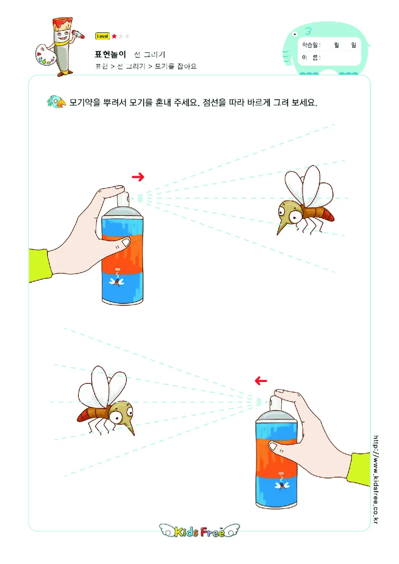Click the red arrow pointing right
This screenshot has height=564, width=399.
click(138, 177)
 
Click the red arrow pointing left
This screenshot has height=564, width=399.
click(261, 380)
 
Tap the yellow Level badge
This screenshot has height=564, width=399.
click(102, 36)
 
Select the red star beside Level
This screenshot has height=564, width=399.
click(114, 36)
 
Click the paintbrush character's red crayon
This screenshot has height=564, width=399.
click(79, 34)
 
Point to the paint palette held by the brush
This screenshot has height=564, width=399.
click(45, 55)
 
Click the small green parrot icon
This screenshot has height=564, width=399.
click(56, 102)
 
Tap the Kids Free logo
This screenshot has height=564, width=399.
click(199, 531)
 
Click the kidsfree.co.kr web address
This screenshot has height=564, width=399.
click(376, 479)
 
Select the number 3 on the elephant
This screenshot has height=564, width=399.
click(308, 31)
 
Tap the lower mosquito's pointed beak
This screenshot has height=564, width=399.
click(130, 427)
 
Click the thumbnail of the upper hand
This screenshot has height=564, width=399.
click(126, 242)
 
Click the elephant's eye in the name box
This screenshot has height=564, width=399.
click(295, 34)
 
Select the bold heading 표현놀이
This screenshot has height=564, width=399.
click(110, 54)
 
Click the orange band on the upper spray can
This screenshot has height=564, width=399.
click(122, 253)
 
